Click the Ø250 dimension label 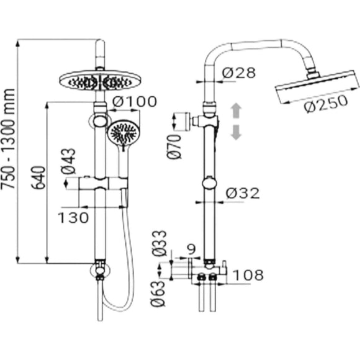326,103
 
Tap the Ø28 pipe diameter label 238,73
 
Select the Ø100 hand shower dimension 135,102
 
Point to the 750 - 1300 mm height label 8,139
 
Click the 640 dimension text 38,178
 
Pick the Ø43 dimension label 68,161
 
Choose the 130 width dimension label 73,217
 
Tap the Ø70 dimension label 174,146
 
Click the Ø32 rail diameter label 243,193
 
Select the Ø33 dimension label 159,243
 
